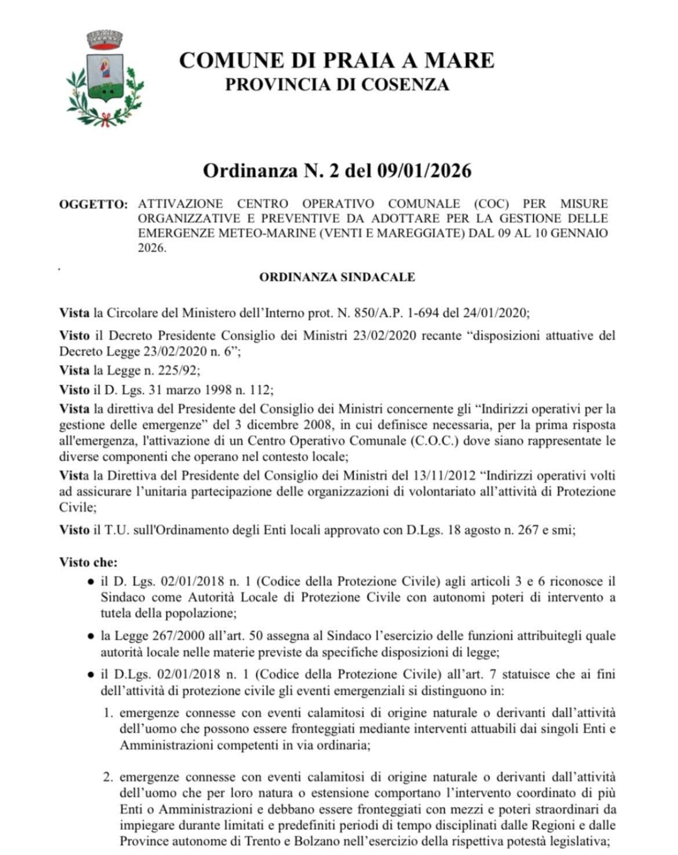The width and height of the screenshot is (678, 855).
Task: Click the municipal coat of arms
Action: tap(105, 79)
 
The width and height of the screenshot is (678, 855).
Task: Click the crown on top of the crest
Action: tap(104, 40)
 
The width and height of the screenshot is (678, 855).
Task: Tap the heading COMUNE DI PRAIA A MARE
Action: tap(336, 60)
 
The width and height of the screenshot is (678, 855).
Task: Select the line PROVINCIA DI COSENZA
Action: tap(337, 85)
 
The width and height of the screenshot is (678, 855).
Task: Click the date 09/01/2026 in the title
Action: tap(424, 171)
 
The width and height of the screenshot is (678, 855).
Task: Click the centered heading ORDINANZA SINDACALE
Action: tap(337, 277)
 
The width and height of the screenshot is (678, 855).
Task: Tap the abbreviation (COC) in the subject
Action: tap(487, 203)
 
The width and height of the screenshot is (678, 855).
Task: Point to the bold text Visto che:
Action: tap(89, 562)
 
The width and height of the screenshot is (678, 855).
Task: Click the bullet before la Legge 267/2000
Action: tap(91, 636)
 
